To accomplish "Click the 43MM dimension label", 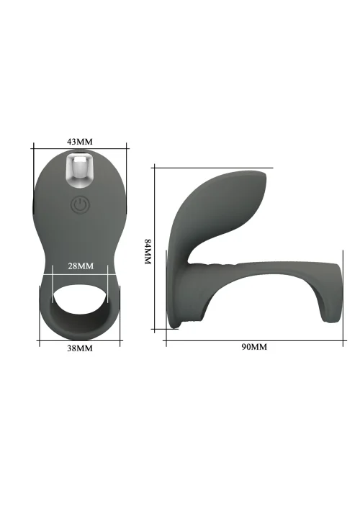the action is [80, 142].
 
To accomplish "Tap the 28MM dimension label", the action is [81, 266].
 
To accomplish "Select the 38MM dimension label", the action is [80, 348].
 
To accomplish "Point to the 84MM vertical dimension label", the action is [148, 252].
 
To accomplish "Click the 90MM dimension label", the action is [254, 347].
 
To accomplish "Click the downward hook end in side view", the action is [331, 307].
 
